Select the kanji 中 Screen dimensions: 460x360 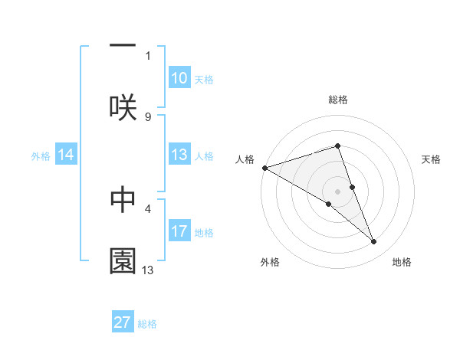point(123,198)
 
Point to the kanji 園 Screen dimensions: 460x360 point(123,260)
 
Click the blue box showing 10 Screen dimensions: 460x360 point(179,78)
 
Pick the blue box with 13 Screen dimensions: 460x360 point(179,155)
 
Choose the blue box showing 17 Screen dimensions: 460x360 point(179,231)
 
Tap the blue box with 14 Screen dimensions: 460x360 point(66,155)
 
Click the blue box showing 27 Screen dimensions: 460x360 point(123,322)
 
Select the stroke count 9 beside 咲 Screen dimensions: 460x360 point(148,116)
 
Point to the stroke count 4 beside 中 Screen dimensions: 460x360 point(148,208)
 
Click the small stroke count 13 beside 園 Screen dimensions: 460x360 point(148,270)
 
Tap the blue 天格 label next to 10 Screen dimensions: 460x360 point(204,79)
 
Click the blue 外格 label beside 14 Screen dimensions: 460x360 point(41,156)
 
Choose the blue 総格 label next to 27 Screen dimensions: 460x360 point(147,323)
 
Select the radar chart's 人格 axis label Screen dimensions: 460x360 point(245,159)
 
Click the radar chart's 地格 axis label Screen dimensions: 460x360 point(402,262)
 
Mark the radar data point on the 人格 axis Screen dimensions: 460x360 point(264,167)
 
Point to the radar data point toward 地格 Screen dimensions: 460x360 point(374,242)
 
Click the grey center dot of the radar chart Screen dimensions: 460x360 point(337,191)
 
